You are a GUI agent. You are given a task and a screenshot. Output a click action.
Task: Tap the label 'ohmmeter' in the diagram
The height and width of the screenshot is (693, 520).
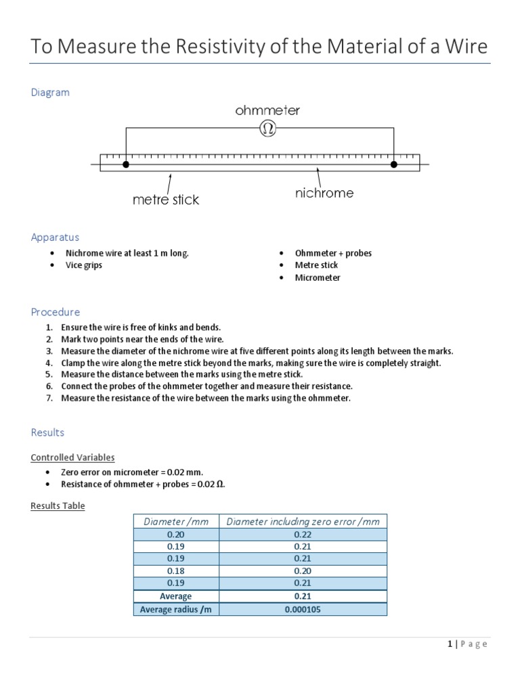click(267, 110)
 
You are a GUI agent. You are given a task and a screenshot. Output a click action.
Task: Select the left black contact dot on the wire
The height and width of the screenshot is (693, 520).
click(126, 164)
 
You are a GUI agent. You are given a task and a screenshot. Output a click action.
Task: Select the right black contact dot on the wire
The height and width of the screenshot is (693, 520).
click(394, 164)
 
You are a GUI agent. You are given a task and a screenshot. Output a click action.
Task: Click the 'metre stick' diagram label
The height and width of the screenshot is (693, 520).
click(166, 200)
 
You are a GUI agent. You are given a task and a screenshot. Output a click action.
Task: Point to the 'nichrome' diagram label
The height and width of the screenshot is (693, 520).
click(324, 193)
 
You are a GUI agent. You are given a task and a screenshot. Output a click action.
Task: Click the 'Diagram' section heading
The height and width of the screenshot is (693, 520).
click(50, 92)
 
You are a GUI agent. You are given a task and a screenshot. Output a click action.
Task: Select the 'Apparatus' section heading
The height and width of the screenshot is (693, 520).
click(55, 237)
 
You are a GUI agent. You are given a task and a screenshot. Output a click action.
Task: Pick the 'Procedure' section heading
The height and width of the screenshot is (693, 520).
click(56, 312)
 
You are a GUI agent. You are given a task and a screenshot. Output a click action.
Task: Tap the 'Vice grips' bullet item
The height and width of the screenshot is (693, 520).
click(84, 265)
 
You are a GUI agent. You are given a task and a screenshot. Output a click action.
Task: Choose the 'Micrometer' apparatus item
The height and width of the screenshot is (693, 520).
click(318, 277)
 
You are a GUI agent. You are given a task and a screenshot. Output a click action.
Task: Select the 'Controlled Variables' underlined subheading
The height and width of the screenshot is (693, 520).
click(72, 457)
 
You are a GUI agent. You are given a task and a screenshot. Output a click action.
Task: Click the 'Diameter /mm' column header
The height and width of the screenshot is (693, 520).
click(175, 521)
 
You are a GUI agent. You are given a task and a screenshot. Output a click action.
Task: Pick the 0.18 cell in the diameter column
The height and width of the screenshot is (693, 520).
click(175, 571)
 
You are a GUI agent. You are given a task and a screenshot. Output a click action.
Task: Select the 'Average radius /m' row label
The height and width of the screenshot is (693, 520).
click(175, 609)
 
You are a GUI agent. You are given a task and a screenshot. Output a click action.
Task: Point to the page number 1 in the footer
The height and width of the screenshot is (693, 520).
click(450, 644)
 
